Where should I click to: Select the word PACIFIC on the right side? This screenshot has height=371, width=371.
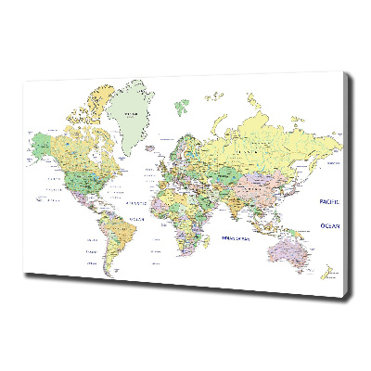click(329, 201)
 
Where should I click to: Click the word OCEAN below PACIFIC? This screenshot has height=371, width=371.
click(329, 224)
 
